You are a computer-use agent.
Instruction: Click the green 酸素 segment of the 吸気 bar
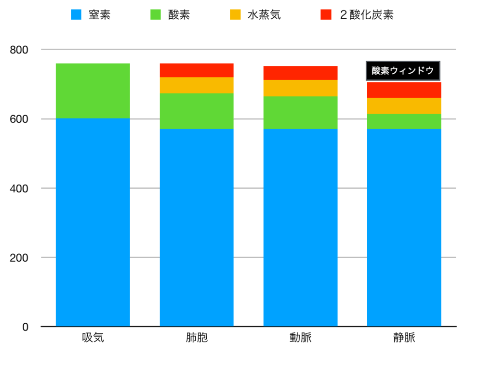(93, 91)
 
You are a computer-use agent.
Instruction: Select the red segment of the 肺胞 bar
(197, 70)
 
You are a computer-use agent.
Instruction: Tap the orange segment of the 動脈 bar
(300, 88)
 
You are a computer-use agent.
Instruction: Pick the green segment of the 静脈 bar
(404, 121)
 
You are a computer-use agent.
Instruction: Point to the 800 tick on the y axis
(19, 50)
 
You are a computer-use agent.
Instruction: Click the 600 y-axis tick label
(19, 119)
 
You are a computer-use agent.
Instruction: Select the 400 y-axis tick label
(19, 188)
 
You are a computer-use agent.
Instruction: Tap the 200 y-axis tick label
(19, 258)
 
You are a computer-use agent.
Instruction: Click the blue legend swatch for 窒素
(76, 15)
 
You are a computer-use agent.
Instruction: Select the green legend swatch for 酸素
(156, 15)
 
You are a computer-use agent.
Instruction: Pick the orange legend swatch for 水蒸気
(235, 15)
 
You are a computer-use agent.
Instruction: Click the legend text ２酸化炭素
(366, 15)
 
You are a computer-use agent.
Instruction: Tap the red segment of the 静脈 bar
(404, 90)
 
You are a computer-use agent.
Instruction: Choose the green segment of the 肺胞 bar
(197, 111)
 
